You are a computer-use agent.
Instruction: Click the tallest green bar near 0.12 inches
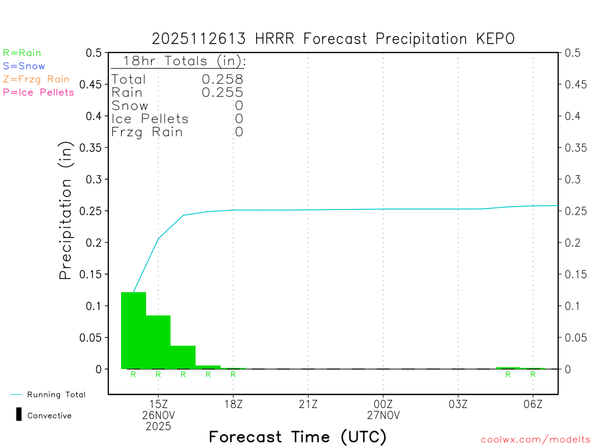tap(133, 330)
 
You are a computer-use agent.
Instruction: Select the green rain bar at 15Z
tap(158, 342)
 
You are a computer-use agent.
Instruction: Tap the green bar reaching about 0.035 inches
tap(183, 357)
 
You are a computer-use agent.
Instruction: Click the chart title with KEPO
tap(333, 39)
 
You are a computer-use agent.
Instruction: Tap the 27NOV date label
tap(383, 416)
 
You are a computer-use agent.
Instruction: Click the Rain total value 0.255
tap(222, 93)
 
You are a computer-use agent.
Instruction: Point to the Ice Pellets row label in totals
tap(150, 119)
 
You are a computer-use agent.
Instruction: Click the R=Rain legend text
tap(22, 53)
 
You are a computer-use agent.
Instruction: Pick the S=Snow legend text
tap(24, 66)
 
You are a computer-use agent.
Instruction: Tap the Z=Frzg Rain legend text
tap(36, 79)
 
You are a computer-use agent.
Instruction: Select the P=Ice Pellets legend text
tap(38, 92)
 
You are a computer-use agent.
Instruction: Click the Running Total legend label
tap(56, 395)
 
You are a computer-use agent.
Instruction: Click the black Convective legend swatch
tap(19, 415)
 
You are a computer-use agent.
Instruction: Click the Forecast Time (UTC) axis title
tap(297, 437)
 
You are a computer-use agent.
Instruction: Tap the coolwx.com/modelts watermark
tap(535, 440)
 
